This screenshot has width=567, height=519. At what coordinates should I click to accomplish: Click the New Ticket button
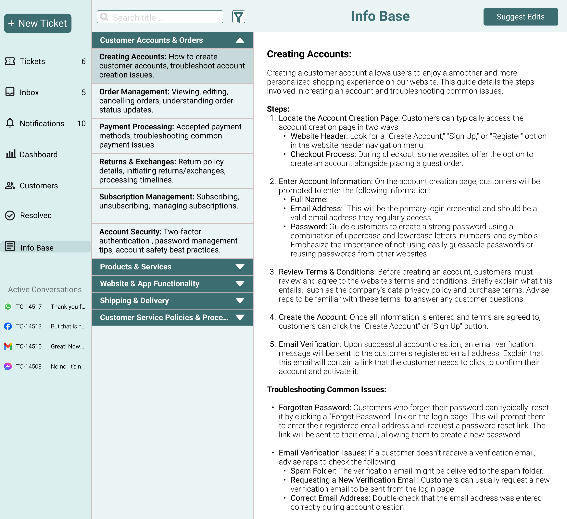pos(37,23)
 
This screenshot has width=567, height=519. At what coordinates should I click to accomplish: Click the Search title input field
pos(163,18)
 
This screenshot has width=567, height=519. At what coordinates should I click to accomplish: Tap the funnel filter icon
pos(238,17)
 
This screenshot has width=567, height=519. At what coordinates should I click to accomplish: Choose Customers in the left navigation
pos(39,185)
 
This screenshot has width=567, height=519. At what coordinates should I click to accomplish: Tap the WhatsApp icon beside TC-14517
pos(8,307)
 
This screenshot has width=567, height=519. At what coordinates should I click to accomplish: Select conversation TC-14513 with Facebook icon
pos(29,326)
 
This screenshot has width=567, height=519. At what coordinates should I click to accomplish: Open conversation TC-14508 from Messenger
pos(29,366)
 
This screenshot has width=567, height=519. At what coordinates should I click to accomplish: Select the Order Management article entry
pos(172,101)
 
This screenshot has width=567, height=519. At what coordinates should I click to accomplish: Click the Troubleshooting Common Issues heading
pos(326,389)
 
